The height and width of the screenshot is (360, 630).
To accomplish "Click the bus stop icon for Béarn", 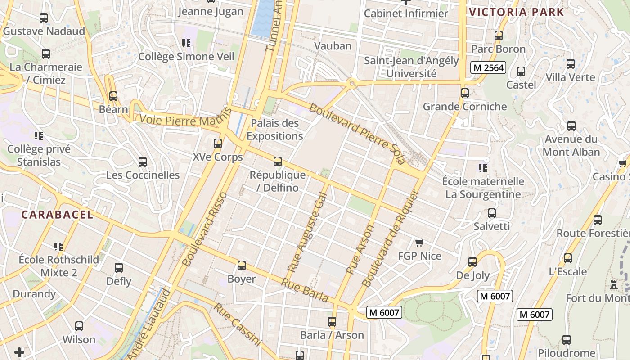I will coord(113,96).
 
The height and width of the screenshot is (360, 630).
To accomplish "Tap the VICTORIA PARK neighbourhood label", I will coord(516,12).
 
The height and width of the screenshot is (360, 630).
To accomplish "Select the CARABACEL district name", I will coord(57,215).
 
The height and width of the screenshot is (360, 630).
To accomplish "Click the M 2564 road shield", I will coord(488,68).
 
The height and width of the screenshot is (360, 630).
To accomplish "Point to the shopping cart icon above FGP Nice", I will coord(419,243).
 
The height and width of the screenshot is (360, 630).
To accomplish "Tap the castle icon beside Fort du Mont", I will coord(613,284).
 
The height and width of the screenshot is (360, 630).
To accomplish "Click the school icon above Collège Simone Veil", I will coord(186,43).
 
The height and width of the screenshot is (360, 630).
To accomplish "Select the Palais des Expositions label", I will coord(274,130).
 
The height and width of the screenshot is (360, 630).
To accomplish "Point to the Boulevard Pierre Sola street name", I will coord(357,134).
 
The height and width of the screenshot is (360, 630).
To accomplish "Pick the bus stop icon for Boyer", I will coord(242,265).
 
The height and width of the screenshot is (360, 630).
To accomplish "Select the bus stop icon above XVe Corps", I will coord(218,144).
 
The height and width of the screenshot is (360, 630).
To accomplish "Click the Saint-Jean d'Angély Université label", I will coord(411,67).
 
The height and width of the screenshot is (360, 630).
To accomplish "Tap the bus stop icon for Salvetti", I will coord(491,213).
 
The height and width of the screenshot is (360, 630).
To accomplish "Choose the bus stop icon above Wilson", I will coord(79,326).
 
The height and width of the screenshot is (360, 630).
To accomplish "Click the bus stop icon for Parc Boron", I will coord(498,36).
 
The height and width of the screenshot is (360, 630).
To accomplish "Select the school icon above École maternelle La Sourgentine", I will coord(483,168).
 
